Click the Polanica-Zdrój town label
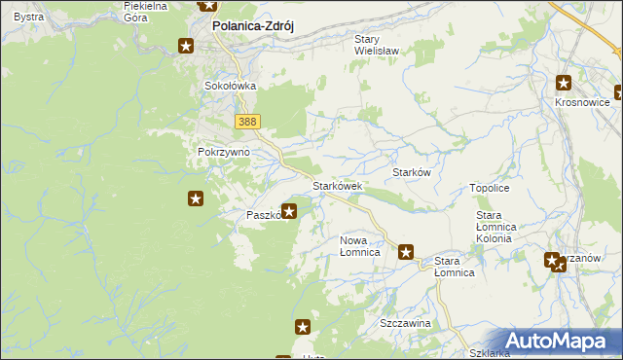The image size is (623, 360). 252,26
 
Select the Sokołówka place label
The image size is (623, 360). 230,86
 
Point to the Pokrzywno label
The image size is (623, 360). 224,153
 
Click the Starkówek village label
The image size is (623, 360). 337,185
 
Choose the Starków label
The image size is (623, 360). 411,172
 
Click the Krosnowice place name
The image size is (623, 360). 581,102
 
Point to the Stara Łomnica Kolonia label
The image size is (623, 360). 500,226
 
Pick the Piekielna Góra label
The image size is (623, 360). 146,11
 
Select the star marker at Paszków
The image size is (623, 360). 289,210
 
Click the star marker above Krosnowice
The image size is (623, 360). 565,84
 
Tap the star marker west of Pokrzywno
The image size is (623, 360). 196,199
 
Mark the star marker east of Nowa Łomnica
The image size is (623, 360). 407,252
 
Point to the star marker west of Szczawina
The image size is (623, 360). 303,329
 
